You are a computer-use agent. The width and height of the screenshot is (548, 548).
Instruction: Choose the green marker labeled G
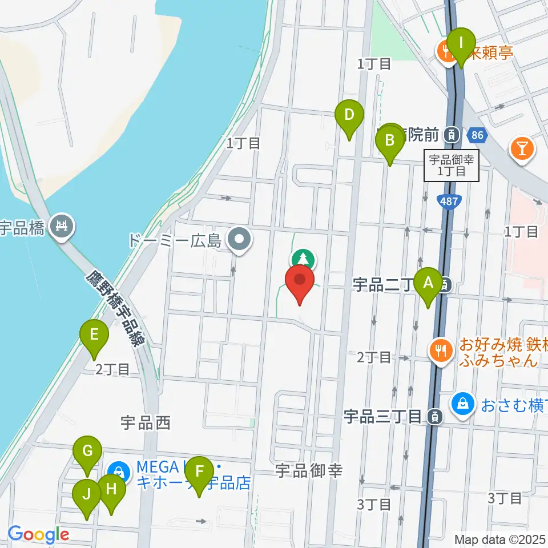click(87, 452)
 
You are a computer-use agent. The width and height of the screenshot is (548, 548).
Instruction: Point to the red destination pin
click(300, 282)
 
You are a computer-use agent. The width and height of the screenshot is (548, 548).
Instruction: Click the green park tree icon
click(303, 260)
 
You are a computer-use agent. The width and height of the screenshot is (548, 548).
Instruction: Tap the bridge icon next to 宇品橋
click(62, 227)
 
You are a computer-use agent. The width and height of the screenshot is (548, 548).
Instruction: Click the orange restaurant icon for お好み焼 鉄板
click(440, 349)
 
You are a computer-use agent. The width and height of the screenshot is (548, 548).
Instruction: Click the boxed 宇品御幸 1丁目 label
click(452, 166)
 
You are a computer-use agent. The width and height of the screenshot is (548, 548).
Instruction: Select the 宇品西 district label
click(146, 423)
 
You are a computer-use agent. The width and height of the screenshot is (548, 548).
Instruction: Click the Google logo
click(38, 535)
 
